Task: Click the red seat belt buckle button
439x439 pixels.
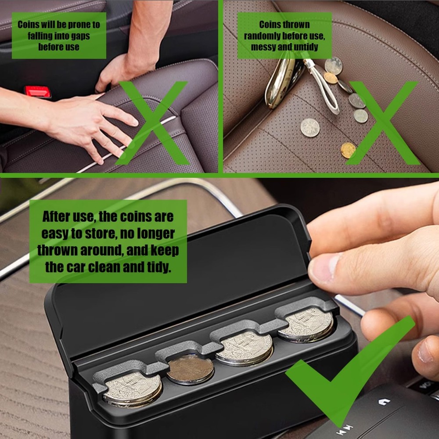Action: [37, 92]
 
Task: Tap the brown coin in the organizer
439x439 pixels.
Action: [191, 369]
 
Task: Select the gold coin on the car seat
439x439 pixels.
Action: [348, 150]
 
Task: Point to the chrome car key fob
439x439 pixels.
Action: [282, 82]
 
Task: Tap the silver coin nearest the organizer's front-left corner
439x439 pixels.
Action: [133, 389]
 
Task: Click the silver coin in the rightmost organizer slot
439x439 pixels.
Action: [306, 325]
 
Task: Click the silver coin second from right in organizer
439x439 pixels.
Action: [244, 349]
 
